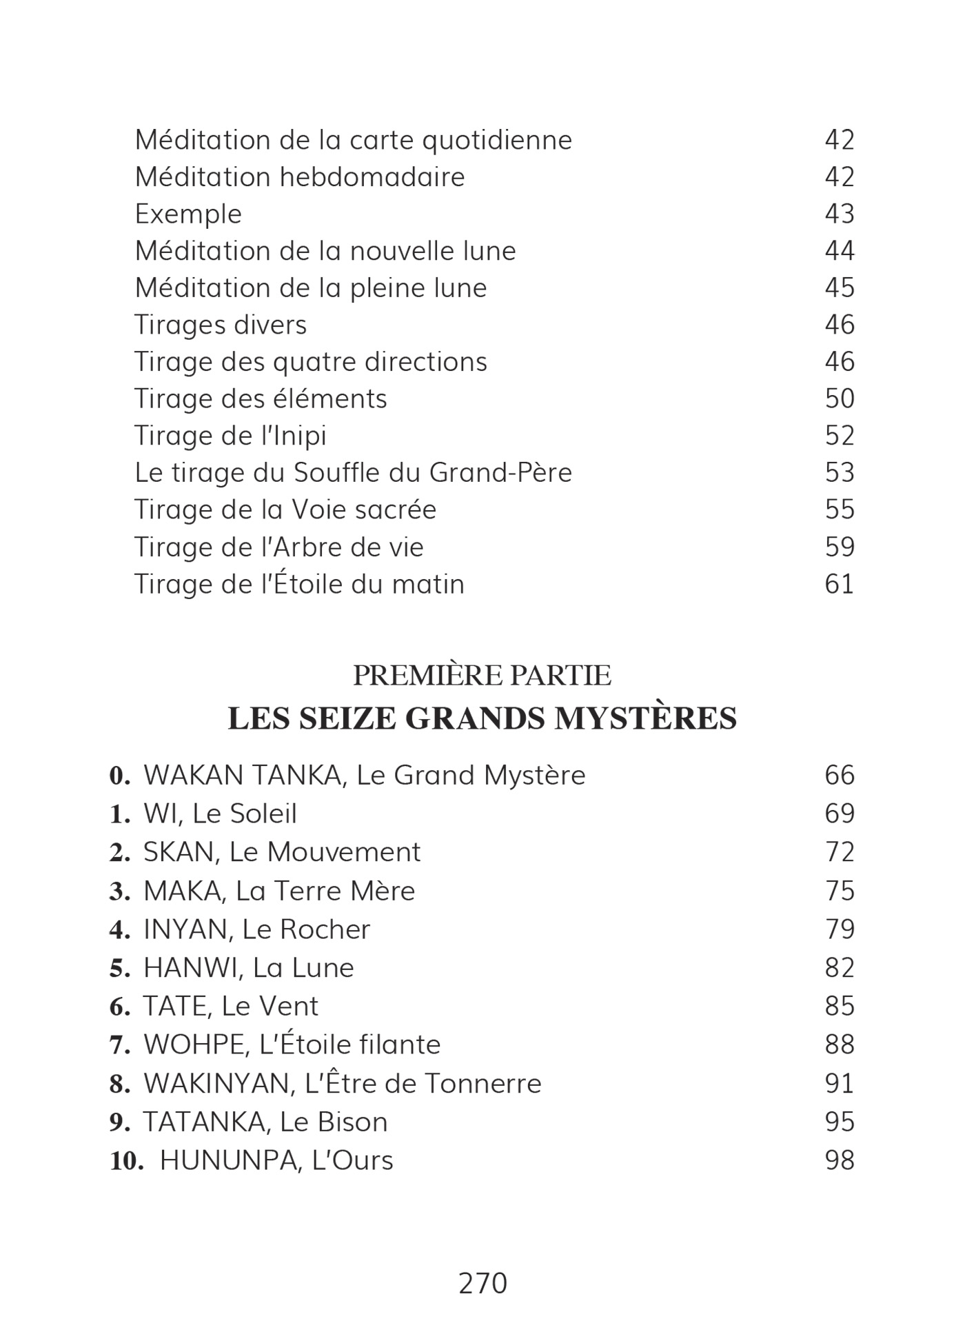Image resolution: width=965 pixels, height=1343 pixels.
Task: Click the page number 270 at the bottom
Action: coord(482,1284)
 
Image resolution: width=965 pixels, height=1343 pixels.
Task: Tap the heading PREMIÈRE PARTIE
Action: coord(482,676)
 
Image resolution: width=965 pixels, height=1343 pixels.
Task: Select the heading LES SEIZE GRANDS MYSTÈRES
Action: coord(482,718)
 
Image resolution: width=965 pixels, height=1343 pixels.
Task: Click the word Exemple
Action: coord(188,214)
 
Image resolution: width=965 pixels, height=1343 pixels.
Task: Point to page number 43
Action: coord(840,214)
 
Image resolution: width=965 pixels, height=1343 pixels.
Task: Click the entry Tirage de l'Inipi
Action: coord(230,436)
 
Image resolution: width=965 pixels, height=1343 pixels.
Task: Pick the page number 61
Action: coord(840,584)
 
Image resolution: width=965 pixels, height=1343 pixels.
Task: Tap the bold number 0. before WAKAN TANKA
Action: coord(120,776)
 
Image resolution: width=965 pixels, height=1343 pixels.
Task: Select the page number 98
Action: coord(840,1160)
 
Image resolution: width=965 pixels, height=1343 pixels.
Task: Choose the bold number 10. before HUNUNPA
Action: coord(127,1161)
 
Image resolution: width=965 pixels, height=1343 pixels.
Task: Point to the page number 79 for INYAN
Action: coord(840,929)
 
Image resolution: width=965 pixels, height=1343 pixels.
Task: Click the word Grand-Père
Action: coord(500,473)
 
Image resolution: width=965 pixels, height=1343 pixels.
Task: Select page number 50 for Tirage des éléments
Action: coord(840,398)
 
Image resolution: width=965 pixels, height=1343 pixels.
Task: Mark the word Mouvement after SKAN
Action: coord(343,853)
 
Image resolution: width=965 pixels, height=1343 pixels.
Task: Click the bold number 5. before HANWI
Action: coord(120,969)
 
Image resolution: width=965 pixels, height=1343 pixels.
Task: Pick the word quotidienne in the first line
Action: coord(496,141)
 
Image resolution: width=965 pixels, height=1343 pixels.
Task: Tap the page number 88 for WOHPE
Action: coord(840,1044)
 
